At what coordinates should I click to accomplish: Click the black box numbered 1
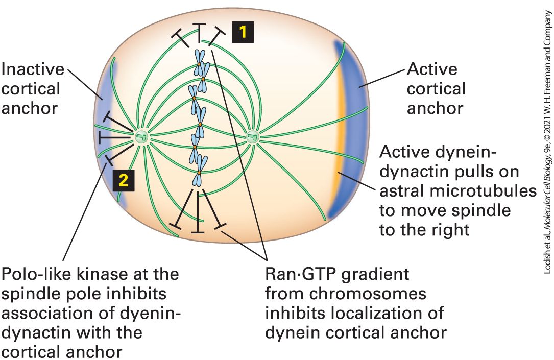[243, 32]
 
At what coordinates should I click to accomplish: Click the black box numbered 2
[123, 181]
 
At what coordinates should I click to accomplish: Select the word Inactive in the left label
[33, 69]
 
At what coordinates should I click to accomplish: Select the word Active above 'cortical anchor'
[432, 69]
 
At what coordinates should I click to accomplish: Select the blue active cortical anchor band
[350, 129]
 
